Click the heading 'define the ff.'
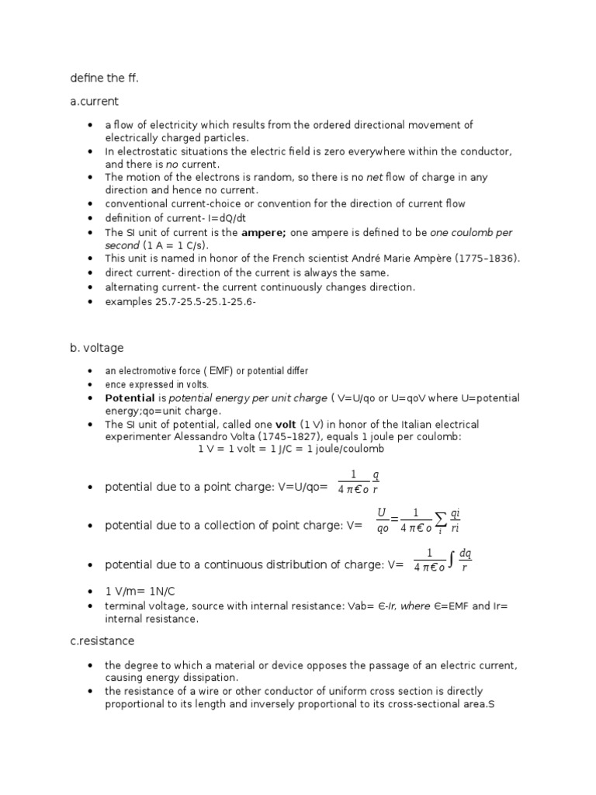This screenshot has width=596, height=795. click(99, 77)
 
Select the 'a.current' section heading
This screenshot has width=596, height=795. click(94, 101)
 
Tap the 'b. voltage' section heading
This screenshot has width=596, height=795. click(96, 348)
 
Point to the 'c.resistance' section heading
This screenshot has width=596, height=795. click(102, 641)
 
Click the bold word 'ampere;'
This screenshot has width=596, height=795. click(264, 232)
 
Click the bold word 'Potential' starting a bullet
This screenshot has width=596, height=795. click(130, 397)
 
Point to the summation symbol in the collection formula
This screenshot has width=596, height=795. click(440, 521)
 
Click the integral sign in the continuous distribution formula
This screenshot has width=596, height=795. click(452, 560)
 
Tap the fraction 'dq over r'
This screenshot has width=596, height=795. click(465, 560)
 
